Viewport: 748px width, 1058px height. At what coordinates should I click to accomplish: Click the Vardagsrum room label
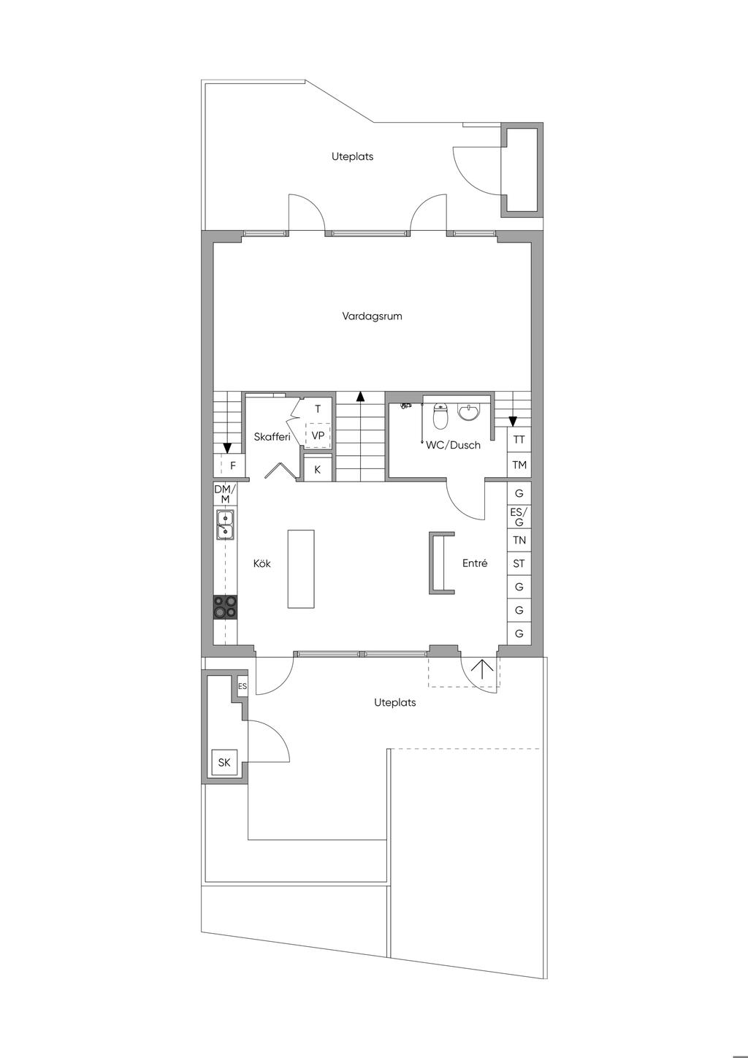[x=372, y=316]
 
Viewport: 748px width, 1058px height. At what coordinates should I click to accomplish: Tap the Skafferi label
[x=272, y=437]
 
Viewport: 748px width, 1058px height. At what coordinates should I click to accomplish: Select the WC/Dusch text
[x=453, y=445]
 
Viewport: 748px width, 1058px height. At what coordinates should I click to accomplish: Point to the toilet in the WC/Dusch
[x=440, y=416]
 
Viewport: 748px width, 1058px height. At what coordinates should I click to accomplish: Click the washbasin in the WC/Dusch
[x=469, y=412]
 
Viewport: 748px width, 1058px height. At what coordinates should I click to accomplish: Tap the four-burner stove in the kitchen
[x=225, y=607]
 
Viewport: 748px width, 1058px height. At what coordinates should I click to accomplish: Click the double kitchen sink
[x=225, y=525]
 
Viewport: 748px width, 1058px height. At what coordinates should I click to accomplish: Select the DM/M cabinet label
[x=225, y=494]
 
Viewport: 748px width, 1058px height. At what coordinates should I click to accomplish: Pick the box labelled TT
[x=519, y=440]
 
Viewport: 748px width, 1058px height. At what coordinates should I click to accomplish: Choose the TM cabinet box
[x=519, y=465]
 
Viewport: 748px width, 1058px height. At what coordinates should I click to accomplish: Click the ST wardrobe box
[x=519, y=563]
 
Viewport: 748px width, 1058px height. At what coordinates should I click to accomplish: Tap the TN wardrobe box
[x=519, y=540]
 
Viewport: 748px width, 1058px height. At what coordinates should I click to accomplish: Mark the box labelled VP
[x=318, y=435]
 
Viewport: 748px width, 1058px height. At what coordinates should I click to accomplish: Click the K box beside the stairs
[x=317, y=469]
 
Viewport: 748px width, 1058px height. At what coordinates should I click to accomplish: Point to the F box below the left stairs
[x=229, y=465]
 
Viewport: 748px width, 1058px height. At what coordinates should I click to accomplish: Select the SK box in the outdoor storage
[x=224, y=762]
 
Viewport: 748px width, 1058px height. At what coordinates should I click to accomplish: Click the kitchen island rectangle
[x=301, y=568]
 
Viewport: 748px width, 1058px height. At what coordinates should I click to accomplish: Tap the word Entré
[x=475, y=563]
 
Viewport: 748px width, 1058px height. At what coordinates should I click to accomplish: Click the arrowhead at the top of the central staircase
[x=360, y=396]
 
